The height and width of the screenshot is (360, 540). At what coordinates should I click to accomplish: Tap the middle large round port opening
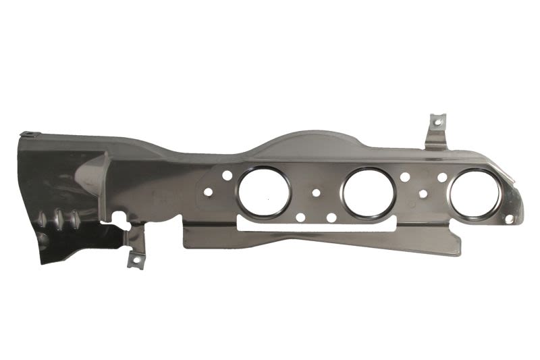point(368,192)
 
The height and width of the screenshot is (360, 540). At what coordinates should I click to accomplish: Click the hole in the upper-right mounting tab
point(435,122)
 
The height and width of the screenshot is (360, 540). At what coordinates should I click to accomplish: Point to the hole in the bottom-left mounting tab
point(134,260)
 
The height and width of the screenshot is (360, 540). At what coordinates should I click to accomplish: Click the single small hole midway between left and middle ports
point(316,193)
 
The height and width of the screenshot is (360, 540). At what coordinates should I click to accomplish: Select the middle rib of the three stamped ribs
point(58,220)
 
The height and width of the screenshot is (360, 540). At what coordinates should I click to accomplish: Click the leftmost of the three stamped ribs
point(44,220)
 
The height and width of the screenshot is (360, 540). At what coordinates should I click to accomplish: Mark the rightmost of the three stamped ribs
point(72,221)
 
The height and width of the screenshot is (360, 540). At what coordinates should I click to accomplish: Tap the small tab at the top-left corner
point(28,134)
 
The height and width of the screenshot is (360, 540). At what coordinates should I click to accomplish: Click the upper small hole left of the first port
point(227,176)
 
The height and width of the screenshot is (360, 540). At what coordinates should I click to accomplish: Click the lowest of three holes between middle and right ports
point(423,195)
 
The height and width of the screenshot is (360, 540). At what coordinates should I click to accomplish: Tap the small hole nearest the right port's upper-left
point(442,177)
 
